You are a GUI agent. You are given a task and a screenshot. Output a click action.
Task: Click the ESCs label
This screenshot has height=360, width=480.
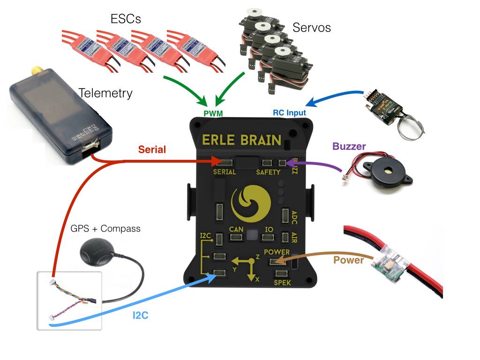[126, 19]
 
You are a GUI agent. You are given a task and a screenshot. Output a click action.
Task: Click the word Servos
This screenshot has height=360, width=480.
[312, 27]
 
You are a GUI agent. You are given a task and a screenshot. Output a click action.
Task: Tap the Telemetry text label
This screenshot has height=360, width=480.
[105, 93]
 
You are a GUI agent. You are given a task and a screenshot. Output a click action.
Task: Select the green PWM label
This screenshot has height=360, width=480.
[213, 113]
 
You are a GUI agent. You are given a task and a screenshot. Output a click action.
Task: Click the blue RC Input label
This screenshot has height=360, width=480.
[289, 112]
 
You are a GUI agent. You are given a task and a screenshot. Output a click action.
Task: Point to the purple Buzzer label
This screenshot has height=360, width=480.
[349, 146]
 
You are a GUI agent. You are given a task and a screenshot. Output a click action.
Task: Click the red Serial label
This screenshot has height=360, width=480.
[152, 150]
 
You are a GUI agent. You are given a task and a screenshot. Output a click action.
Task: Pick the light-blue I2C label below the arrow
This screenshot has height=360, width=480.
[140, 315]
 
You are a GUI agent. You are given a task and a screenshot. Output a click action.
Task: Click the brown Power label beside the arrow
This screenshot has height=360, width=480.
[349, 260]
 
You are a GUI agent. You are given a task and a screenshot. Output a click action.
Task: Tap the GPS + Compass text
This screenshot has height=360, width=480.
[105, 229]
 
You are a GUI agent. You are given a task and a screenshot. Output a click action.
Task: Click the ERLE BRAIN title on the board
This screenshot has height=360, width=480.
[242, 140]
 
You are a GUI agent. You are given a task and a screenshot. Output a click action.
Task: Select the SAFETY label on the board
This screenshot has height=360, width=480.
[268, 172]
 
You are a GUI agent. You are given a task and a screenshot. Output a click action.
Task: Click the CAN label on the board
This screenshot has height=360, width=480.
[236, 229]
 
